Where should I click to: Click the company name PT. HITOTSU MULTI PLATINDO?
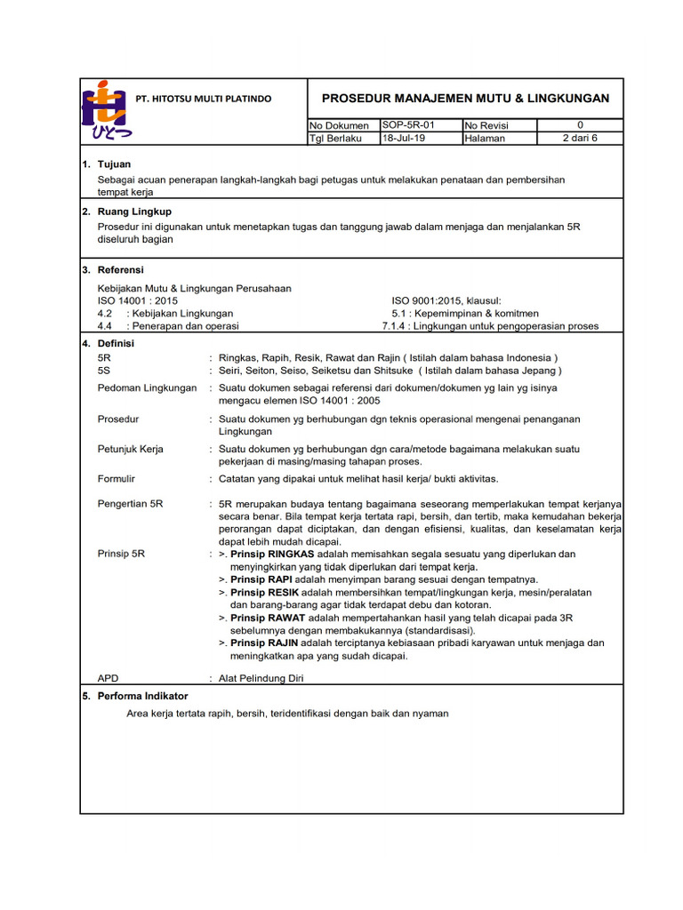tap(204, 99)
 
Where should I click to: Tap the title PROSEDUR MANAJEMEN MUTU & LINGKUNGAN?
tap(465, 98)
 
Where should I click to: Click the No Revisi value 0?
tap(580, 125)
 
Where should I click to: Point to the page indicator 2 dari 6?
tap(580, 139)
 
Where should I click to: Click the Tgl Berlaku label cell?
tap(335, 139)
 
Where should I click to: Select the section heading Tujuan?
tap(114, 165)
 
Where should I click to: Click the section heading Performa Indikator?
tap(147, 697)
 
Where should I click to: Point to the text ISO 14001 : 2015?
tap(137, 301)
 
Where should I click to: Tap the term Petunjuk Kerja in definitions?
tap(130, 449)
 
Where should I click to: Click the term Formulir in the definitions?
tap(116, 479)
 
